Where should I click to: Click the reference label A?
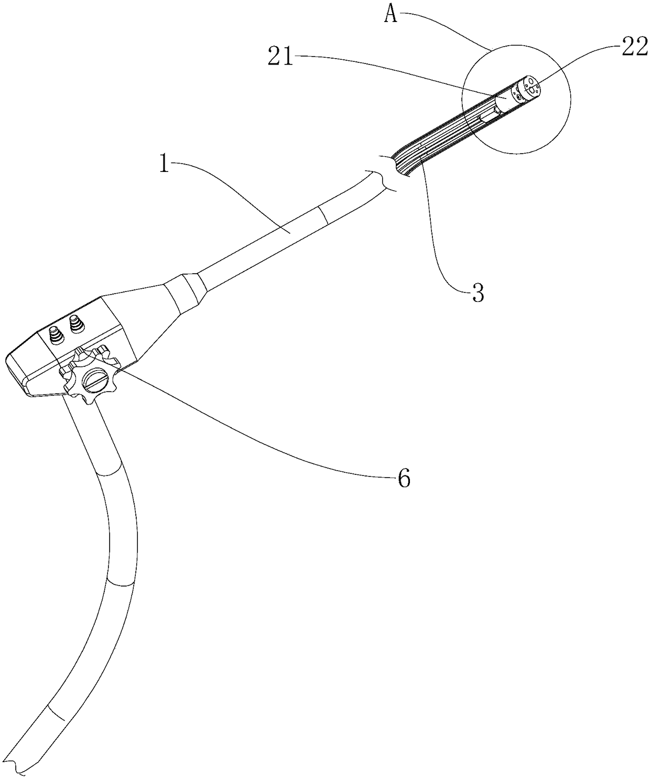pyautogui.click(x=391, y=15)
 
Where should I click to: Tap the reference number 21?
pyautogui.click(x=281, y=57)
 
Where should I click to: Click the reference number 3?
pyautogui.click(x=478, y=293)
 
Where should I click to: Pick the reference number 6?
pyautogui.click(x=404, y=478)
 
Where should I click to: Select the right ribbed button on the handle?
pyautogui.click(x=78, y=323)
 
